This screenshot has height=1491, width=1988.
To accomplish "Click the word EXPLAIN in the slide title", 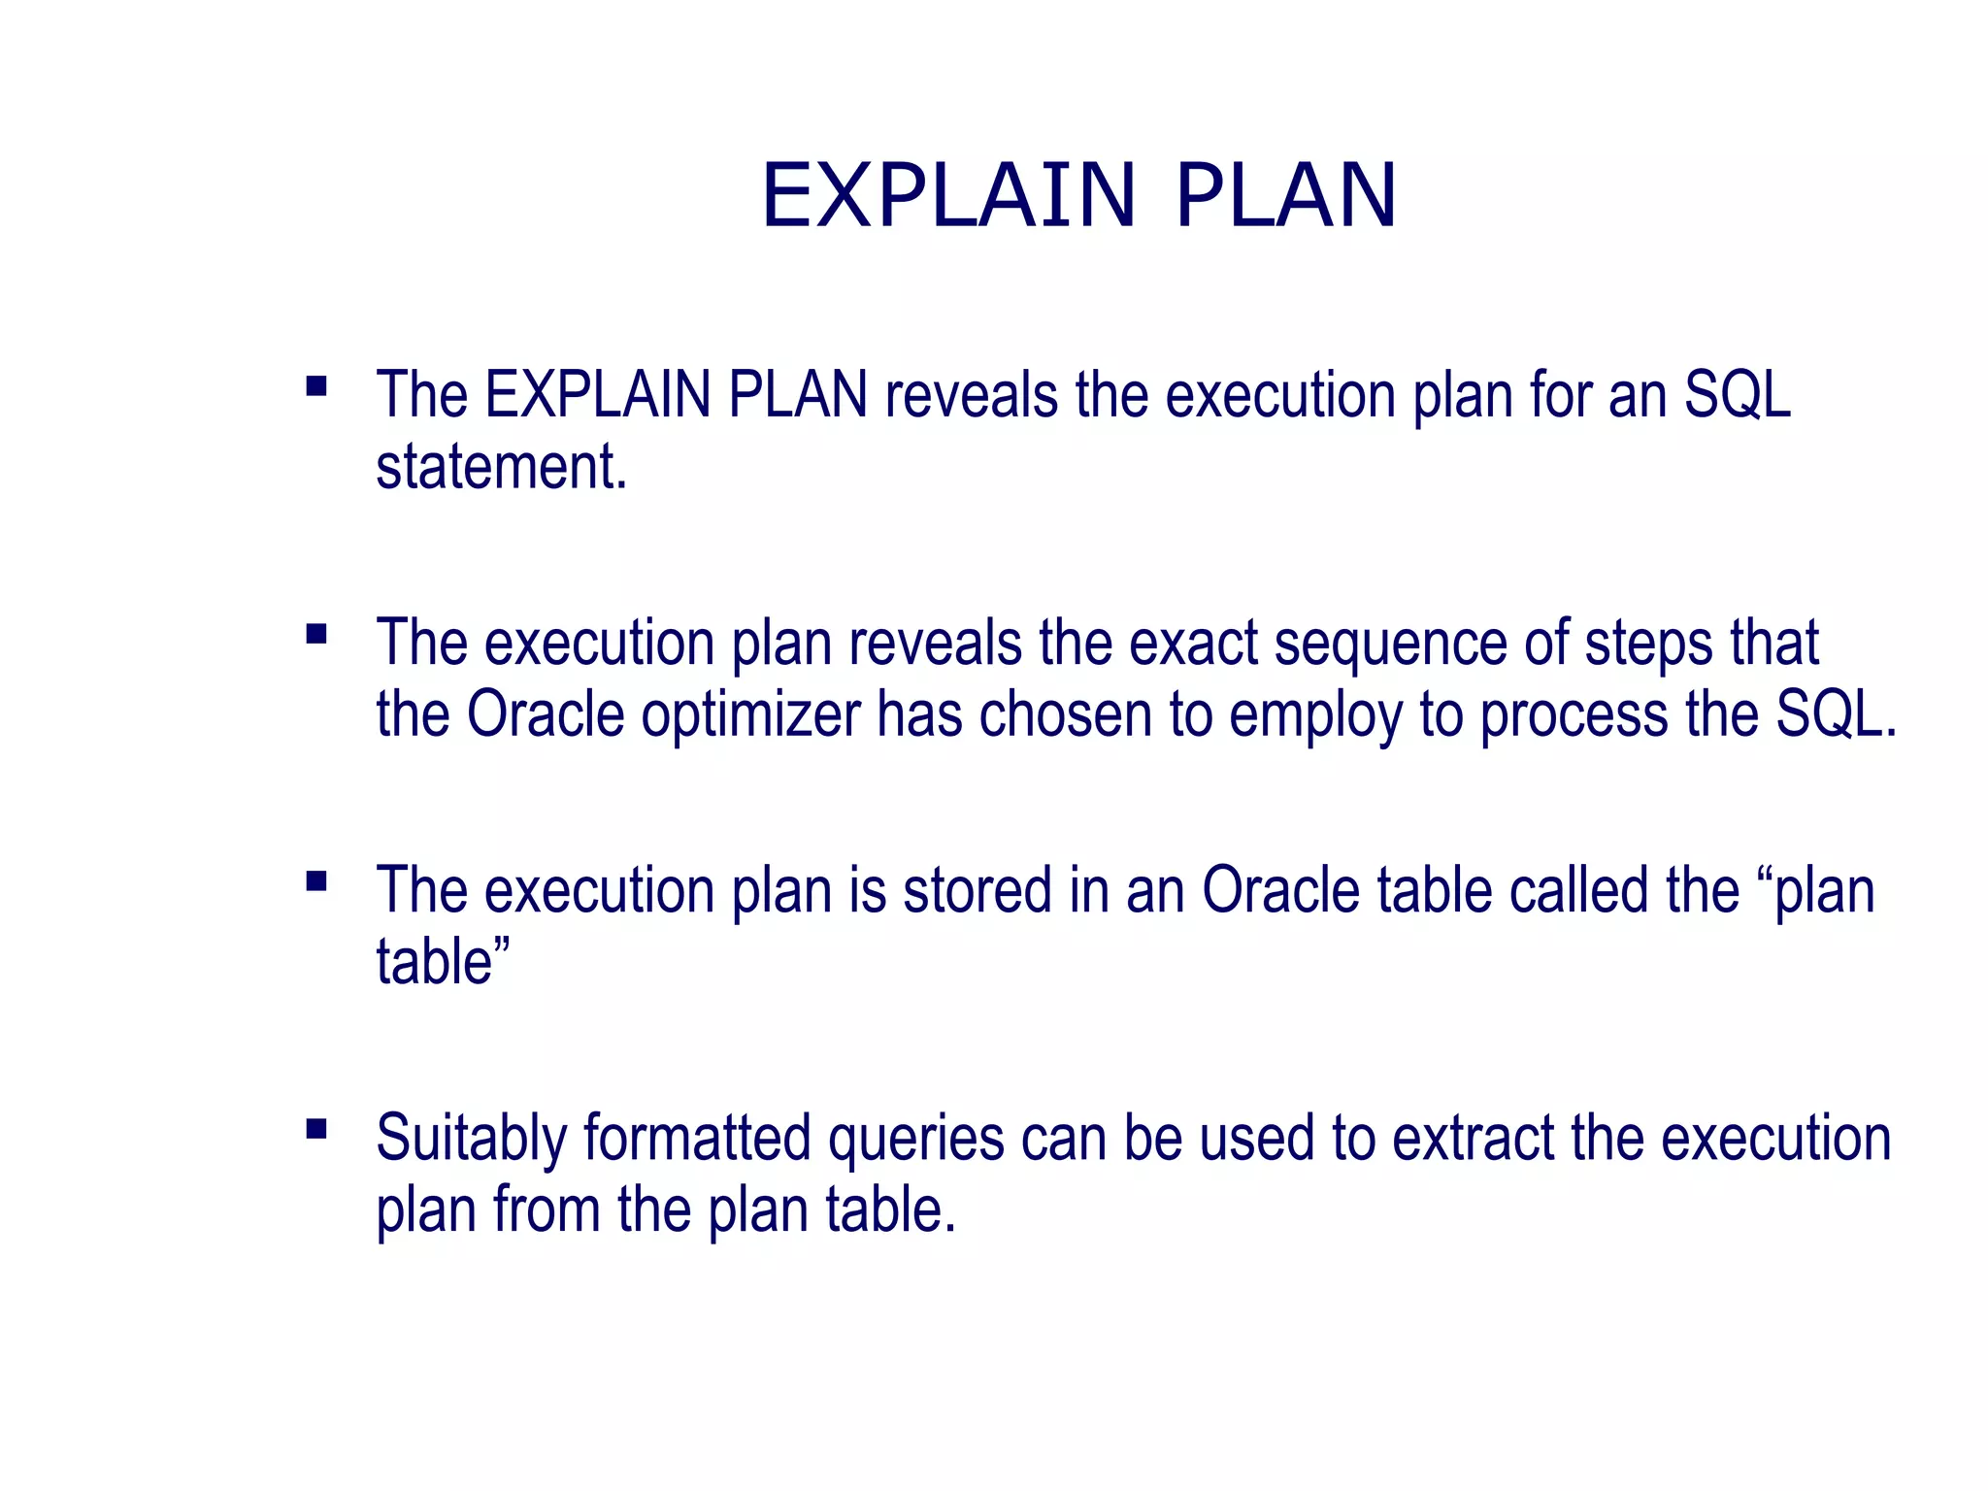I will [948, 196].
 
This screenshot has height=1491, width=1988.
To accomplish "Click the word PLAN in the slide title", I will [1285, 196].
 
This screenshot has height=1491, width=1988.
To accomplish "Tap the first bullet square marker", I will [315, 387].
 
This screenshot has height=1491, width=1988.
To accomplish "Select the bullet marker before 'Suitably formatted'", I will [315, 1129].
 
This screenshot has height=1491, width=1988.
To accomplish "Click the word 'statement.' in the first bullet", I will [502, 467].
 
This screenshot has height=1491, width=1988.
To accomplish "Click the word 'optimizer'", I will [750, 716].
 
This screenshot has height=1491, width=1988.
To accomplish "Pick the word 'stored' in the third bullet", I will [977, 890].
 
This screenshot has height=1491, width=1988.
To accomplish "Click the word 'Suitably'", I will [472, 1139].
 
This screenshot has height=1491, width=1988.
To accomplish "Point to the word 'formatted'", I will [697, 1138].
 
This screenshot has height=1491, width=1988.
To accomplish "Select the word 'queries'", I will [915, 1140].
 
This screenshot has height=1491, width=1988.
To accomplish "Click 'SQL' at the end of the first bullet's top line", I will [1737, 395].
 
